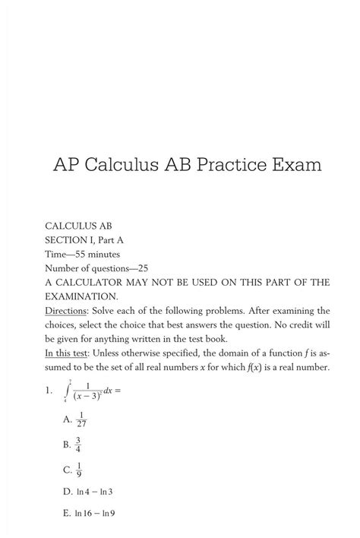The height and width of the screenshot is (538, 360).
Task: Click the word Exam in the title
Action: click(295, 163)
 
